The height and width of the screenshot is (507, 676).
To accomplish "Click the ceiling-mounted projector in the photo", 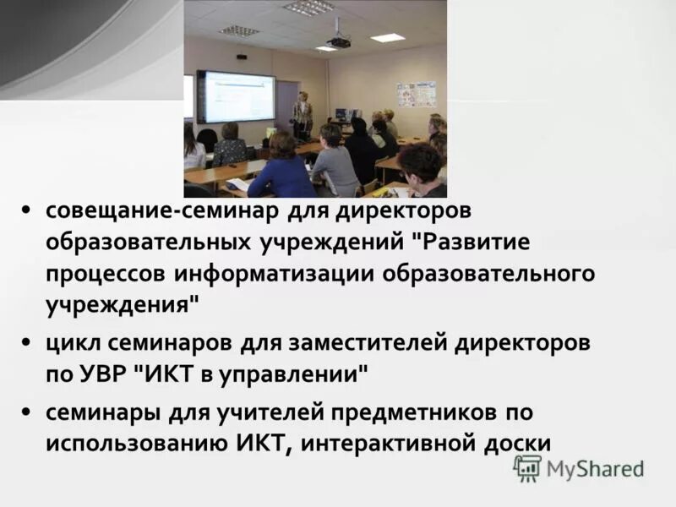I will pos(339,41).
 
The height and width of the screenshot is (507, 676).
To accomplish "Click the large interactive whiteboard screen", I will pos(236,96).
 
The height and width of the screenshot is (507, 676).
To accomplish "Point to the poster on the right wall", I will pos(416,94).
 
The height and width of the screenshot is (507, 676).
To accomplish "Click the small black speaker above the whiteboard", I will pos(242,57).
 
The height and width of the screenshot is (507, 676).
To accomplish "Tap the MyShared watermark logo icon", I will pos(527,468).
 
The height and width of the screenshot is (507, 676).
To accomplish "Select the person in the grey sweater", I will pos(334,165).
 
